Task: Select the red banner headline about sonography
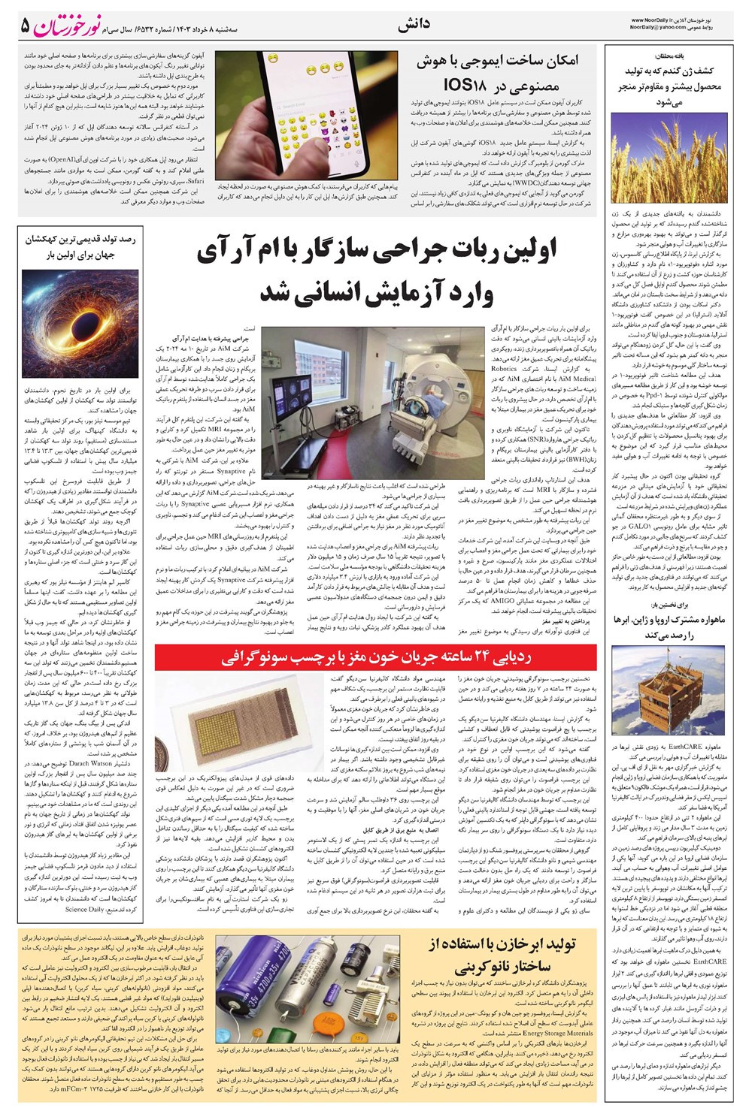376,659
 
